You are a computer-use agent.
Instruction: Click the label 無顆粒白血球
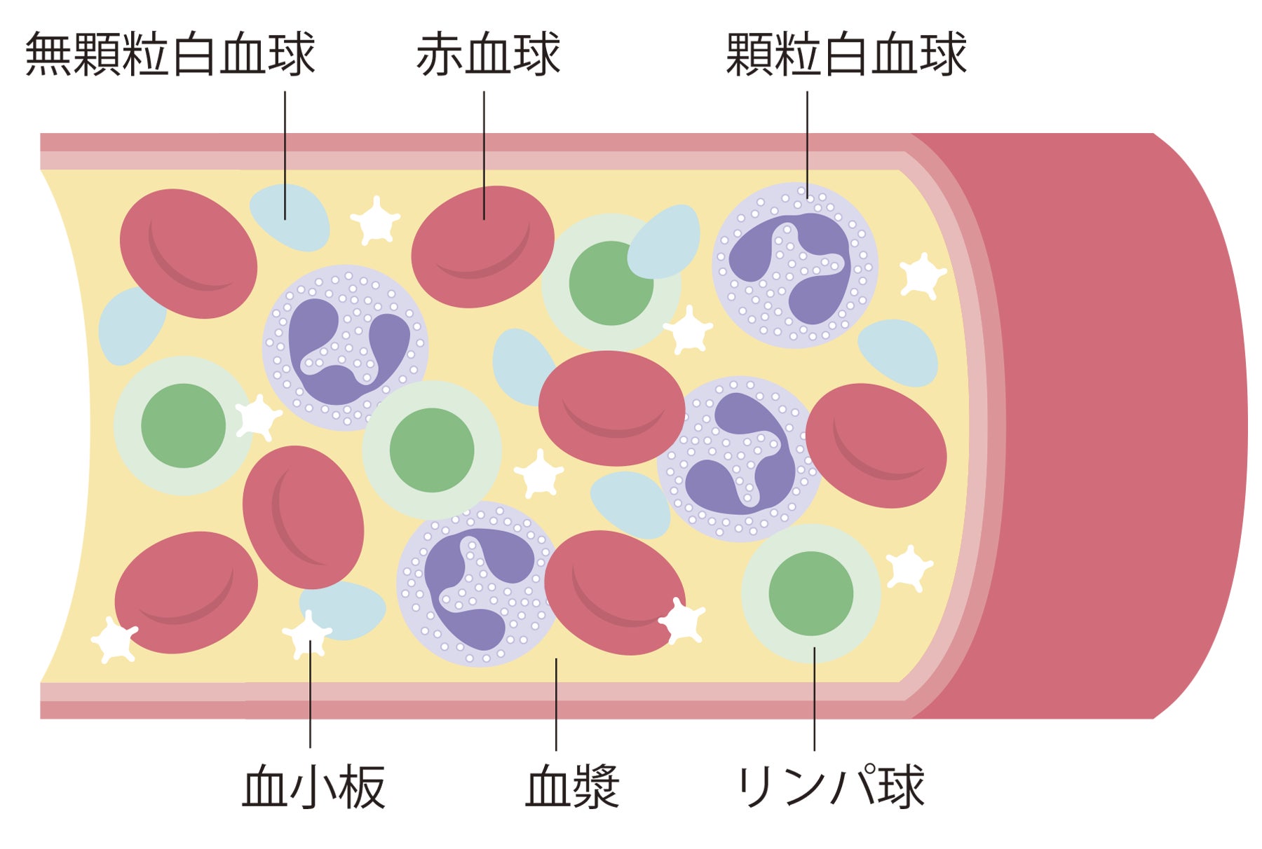(170, 55)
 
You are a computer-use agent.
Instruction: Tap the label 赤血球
(488, 55)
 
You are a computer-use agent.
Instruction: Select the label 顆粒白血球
(846, 55)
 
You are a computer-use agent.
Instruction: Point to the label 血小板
(313, 787)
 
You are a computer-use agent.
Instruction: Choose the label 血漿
(571, 787)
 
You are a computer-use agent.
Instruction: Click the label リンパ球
(831, 787)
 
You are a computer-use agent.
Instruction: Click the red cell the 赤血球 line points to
(482, 245)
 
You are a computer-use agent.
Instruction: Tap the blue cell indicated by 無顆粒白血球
(290, 217)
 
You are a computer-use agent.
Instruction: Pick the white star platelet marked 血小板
(307, 634)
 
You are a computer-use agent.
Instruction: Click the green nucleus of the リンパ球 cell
(811, 593)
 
